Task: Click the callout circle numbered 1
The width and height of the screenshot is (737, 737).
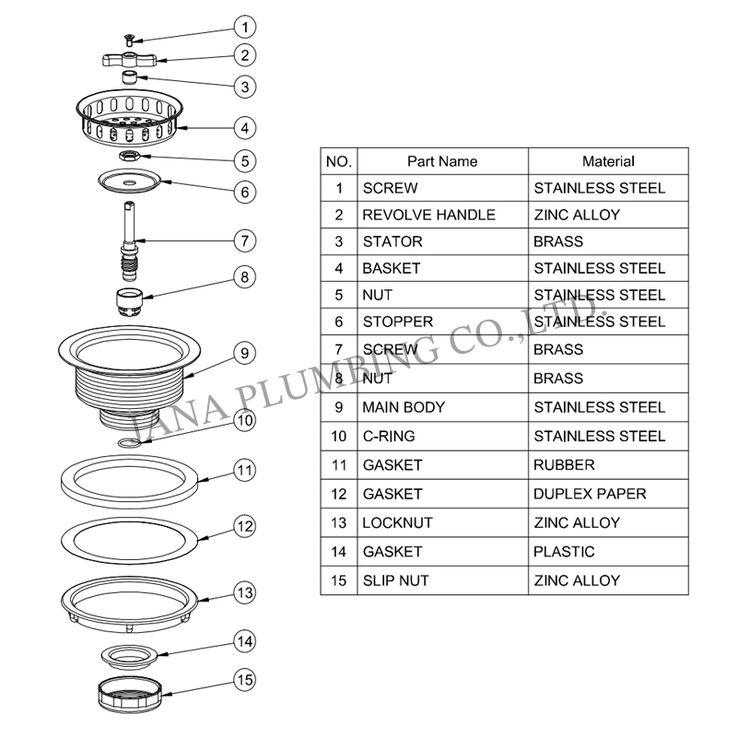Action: [x=245, y=28]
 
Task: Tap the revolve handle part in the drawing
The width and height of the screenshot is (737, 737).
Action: [x=129, y=60]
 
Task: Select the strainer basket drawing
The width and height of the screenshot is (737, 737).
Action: [x=129, y=118]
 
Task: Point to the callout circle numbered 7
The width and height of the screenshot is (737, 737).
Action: [x=245, y=241]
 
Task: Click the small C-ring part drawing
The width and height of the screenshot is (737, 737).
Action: [x=129, y=443]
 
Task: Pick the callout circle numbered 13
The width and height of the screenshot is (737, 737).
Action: [x=245, y=592]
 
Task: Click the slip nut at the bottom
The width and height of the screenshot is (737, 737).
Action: [x=130, y=696]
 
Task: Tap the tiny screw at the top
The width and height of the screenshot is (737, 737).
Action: [x=128, y=40]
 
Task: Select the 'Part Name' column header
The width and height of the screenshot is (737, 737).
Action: [x=442, y=162]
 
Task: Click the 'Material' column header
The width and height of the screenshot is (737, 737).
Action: [x=608, y=162]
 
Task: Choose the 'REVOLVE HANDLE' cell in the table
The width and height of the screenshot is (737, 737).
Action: [x=442, y=215]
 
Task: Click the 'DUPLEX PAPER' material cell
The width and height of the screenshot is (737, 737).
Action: [x=608, y=494]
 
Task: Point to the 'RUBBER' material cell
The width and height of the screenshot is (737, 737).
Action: [x=608, y=465]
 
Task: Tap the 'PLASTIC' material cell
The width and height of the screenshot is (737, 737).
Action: [x=608, y=551]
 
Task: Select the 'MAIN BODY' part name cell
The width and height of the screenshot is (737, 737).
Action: [x=442, y=407]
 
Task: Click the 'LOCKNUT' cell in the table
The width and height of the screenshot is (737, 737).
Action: [x=442, y=522]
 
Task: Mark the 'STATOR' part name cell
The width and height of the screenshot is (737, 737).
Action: [x=442, y=241]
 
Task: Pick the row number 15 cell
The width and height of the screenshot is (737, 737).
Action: [x=339, y=580]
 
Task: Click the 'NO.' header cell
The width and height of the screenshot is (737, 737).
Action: [x=339, y=162]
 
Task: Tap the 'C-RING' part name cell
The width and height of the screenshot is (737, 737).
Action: [x=442, y=436]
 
